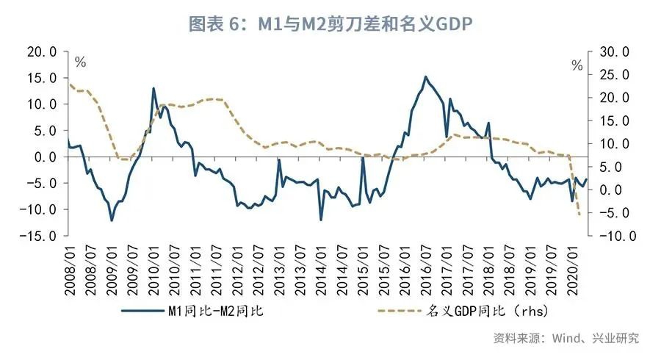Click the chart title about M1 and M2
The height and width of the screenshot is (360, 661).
[x=330, y=24]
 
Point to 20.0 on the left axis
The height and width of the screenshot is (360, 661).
[x=40, y=51]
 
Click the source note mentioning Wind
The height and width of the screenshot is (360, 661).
[x=565, y=338]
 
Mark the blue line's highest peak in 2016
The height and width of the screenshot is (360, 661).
[x=425, y=76]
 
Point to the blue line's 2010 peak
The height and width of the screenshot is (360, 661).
[x=153, y=88]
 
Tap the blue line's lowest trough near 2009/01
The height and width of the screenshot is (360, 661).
[x=112, y=220]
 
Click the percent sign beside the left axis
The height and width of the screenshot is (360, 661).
[x=81, y=63]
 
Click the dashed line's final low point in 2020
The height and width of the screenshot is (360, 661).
[x=579, y=214]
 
